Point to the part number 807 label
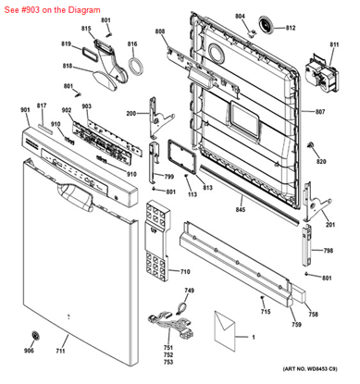(x=320, y=112)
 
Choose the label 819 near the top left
(x=66, y=44)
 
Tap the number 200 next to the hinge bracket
(x=130, y=113)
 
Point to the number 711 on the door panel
(x=61, y=352)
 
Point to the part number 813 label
(x=207, y=187)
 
